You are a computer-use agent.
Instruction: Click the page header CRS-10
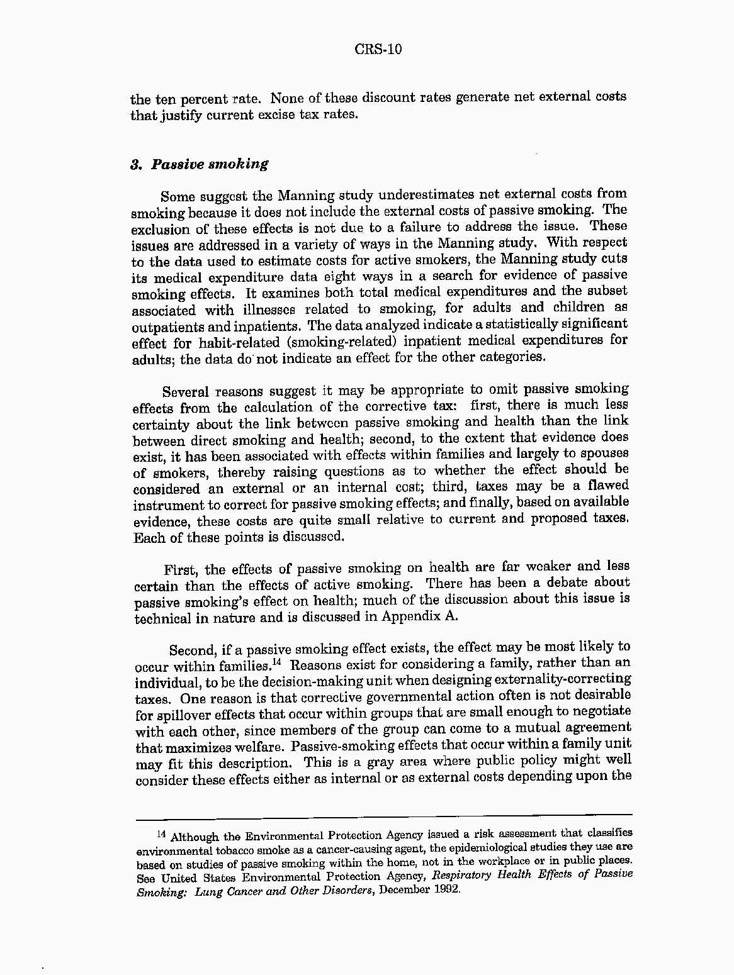click(x=378, y=50)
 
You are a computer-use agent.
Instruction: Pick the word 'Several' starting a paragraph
click(x=185, y=392)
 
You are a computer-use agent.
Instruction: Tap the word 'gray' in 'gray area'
click(x=393, y=762)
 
